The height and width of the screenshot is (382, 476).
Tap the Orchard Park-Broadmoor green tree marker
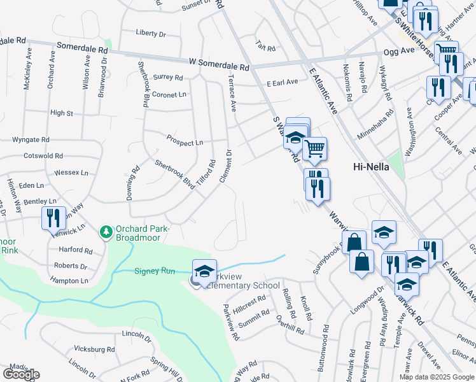pos(106,231)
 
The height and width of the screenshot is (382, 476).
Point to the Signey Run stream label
pos(154,271)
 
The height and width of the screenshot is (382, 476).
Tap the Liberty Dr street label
pos(151,33)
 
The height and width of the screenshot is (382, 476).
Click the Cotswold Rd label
pos(42,155)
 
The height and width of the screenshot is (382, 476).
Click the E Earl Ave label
pos(282,82)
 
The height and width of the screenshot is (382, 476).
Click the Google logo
pos(21,374)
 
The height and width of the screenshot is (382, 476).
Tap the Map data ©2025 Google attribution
pos(437,377)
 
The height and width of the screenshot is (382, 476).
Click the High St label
pos(62,113)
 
